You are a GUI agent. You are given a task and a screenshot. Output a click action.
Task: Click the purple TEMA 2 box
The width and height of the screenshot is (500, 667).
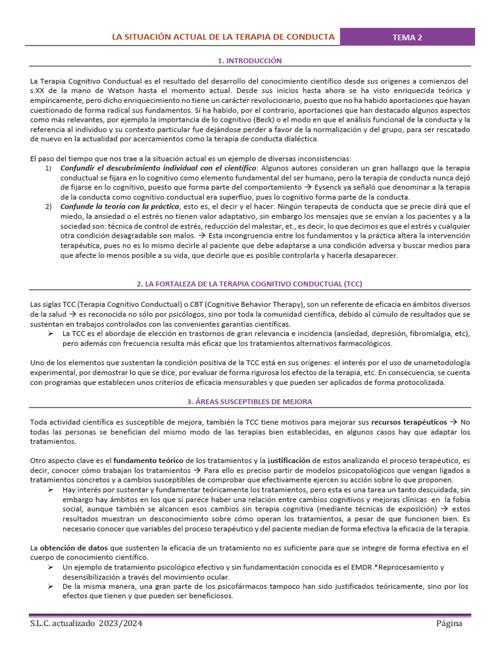pos(407,37)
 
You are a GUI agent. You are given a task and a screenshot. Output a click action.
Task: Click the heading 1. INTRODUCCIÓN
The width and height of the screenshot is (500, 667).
pos(250,61)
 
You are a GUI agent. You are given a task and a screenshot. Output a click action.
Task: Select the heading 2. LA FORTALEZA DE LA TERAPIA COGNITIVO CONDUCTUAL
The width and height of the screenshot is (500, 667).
pos(249,284)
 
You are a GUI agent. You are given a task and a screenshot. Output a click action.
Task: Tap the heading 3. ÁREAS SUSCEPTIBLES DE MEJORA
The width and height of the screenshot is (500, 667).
pos(250,401)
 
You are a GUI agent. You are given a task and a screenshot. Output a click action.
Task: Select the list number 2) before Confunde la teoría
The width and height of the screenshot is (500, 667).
pos(49,206)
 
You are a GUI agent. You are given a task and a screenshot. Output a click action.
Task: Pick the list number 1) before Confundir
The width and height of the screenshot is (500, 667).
pos(49,168)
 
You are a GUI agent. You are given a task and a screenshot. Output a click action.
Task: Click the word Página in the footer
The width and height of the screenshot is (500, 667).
pos(449,623)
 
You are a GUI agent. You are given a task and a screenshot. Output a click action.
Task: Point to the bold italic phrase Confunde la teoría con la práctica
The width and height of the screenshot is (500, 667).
pos(119,206)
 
